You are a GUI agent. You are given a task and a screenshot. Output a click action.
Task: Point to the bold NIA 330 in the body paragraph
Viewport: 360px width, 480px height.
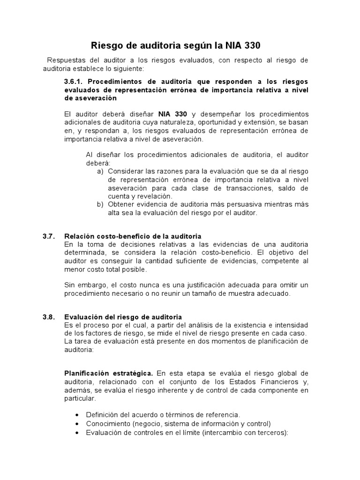point(173,114)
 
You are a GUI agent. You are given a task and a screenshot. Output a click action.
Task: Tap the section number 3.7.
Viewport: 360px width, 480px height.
point(49,236)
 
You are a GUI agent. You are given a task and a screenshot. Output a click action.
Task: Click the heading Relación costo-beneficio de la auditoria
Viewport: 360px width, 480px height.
point(133,236)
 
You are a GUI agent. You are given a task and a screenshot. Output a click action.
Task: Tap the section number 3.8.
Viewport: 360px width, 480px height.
point(49,317)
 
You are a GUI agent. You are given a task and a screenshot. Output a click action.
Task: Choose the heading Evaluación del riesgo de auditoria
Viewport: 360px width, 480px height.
point(123,317)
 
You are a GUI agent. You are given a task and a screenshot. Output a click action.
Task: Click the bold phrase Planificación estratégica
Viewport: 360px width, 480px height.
point(108,373)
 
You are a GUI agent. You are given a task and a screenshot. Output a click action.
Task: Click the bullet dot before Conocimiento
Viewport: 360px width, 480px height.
point(77,424)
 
